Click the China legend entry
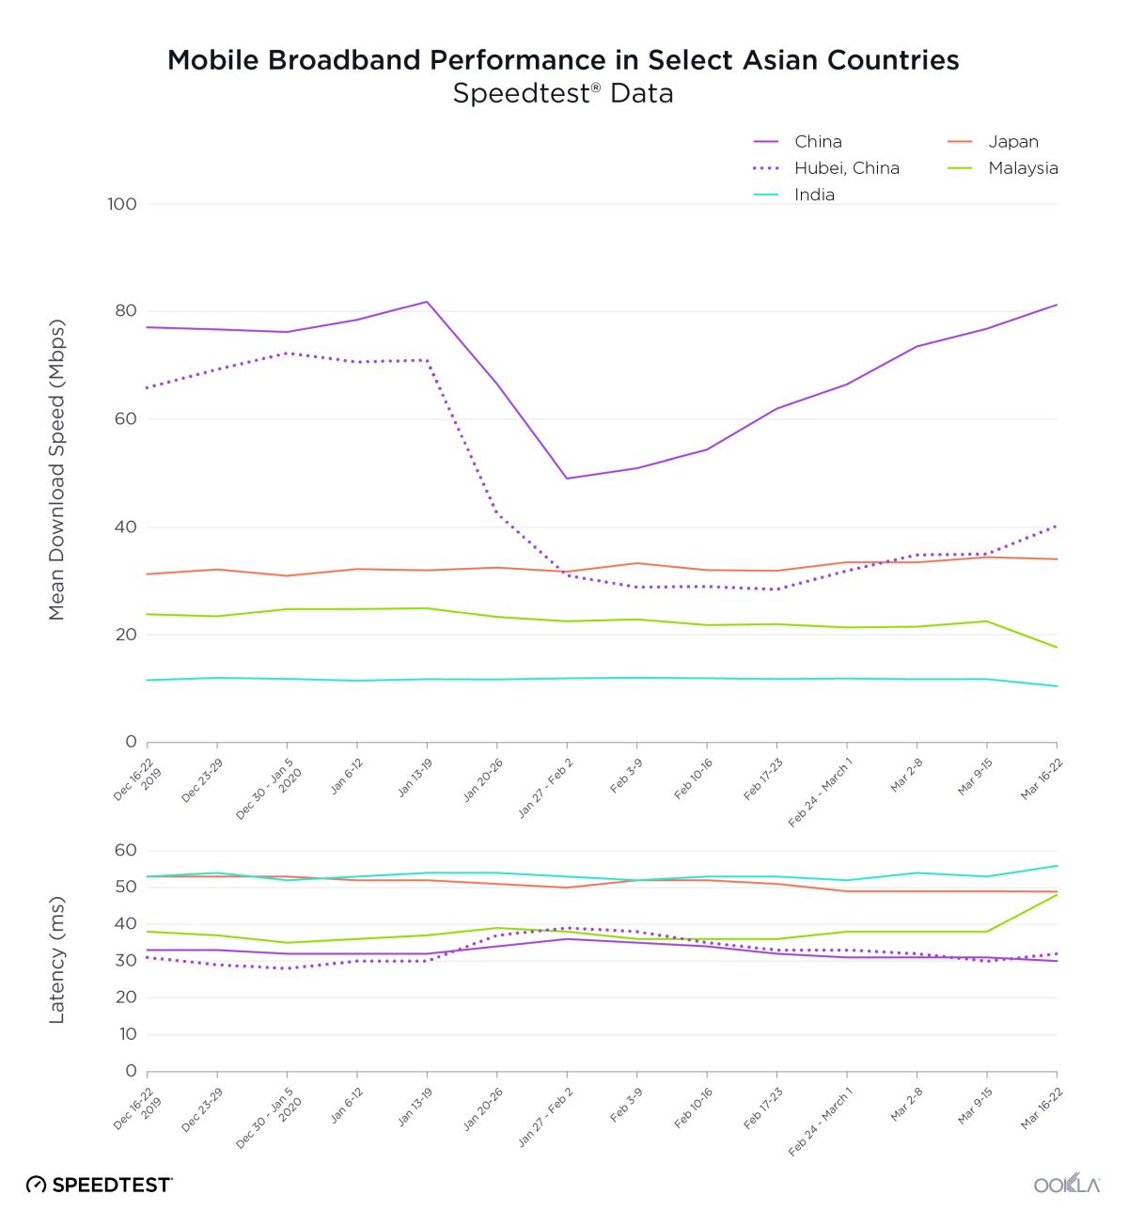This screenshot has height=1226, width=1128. pyautogui.click(x=817, y=142)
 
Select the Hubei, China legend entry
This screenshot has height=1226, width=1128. pyautogui.click(x=846, y=168)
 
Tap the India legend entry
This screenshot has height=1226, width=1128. pyautogui.click(x=814, y=195)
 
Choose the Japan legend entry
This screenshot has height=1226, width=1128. pyautogui.click(x=1012, y=142)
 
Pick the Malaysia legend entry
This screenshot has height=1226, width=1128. pyautogui.click(x=1023, y=168)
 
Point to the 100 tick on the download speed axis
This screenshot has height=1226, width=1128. pyautogui.click(x=122, y=204)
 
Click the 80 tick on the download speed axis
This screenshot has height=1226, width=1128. pyautogui.click(x=126, y=311)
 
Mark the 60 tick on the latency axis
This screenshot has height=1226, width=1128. pyautogui.click(x=126, y=850)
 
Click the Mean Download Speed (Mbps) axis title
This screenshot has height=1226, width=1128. pyautogui.click(x=57, y=470)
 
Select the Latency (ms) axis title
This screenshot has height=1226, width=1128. pyautogui.click(x=57, y=960)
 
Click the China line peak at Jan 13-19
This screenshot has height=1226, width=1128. pyautogui.click(x=427, y=302)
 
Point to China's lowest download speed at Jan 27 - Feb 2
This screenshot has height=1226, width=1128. pyautogui.click(x=567, y=479)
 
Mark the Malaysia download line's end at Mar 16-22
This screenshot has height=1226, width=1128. pyautogui.click(x=1057, y=647)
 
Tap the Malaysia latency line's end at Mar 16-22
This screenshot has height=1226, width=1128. pyautogui.click(x=1057, y=895)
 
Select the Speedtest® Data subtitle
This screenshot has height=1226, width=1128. pyautogui.click(x=563, y=94)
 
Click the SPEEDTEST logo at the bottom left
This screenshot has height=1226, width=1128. pyautogui.click(x=100, y=1185)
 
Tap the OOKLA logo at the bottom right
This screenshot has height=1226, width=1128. pyautogui.click(x=1067, y=1185)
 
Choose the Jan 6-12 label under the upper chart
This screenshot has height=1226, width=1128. pyautogui.click(x=347, y=777)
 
